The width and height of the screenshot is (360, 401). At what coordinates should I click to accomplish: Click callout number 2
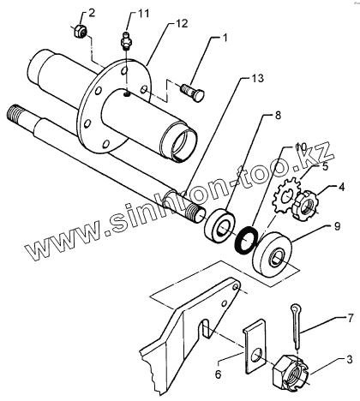point(91,14)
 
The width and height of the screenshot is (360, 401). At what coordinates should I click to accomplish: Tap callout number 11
point(144,14)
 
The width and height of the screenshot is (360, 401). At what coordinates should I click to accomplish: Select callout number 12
point(183,23)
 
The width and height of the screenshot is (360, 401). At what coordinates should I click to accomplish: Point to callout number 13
point(258,78)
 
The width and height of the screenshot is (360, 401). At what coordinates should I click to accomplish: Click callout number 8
point(278,115)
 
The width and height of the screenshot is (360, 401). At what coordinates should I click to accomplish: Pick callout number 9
point(337,226)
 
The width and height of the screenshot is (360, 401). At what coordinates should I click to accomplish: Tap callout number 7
point(351,318)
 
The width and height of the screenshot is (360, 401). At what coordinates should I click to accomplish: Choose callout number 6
point(219,374)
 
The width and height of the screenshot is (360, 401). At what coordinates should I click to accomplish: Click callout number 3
point(350,359)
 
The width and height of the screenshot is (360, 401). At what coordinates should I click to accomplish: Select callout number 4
point(342,187)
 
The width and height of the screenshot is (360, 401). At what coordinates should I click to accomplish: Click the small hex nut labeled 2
point(81,31)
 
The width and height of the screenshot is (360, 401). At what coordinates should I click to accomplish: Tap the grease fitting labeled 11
point(125,41)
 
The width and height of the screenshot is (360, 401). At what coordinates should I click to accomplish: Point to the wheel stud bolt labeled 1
point(192,92)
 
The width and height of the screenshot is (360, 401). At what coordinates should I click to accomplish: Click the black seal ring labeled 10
point(245,239)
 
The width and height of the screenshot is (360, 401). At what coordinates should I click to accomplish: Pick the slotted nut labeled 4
point(306,206)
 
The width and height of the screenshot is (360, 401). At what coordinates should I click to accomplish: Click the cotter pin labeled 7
point(296,326)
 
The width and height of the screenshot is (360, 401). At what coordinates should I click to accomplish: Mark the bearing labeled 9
point(273,254)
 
